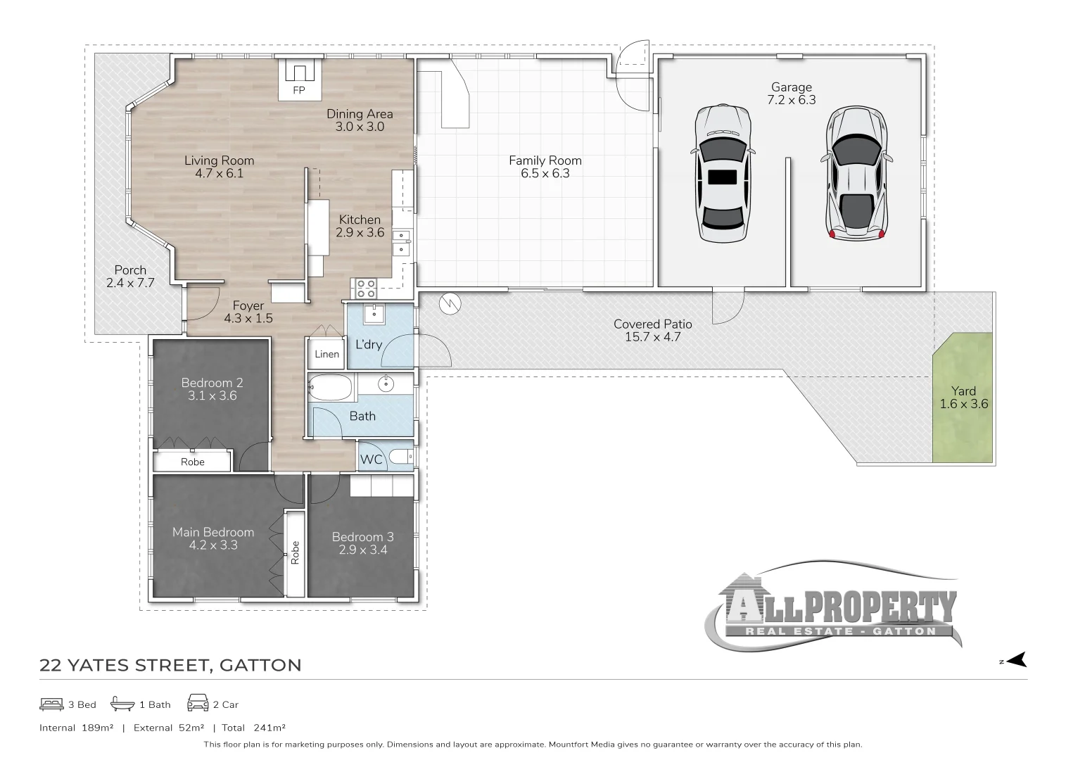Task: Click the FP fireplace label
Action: point(299,90)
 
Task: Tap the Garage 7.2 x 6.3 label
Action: point(792,94)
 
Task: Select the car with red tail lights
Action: point(856,173)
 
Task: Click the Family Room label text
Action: point(545,160)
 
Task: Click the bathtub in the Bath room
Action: point(331,387)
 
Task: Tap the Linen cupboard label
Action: point(327,354)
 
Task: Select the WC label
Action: point(372,460)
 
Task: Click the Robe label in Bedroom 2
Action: point(193,462)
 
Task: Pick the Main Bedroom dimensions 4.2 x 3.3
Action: point(213,545)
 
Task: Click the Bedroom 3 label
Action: point(362,537)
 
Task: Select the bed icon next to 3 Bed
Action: point(51,704)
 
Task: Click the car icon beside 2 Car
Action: point(198,702)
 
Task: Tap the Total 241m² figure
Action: point(253,728)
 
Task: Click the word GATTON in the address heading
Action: point(260,665)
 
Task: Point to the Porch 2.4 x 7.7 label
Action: point(130,277)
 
